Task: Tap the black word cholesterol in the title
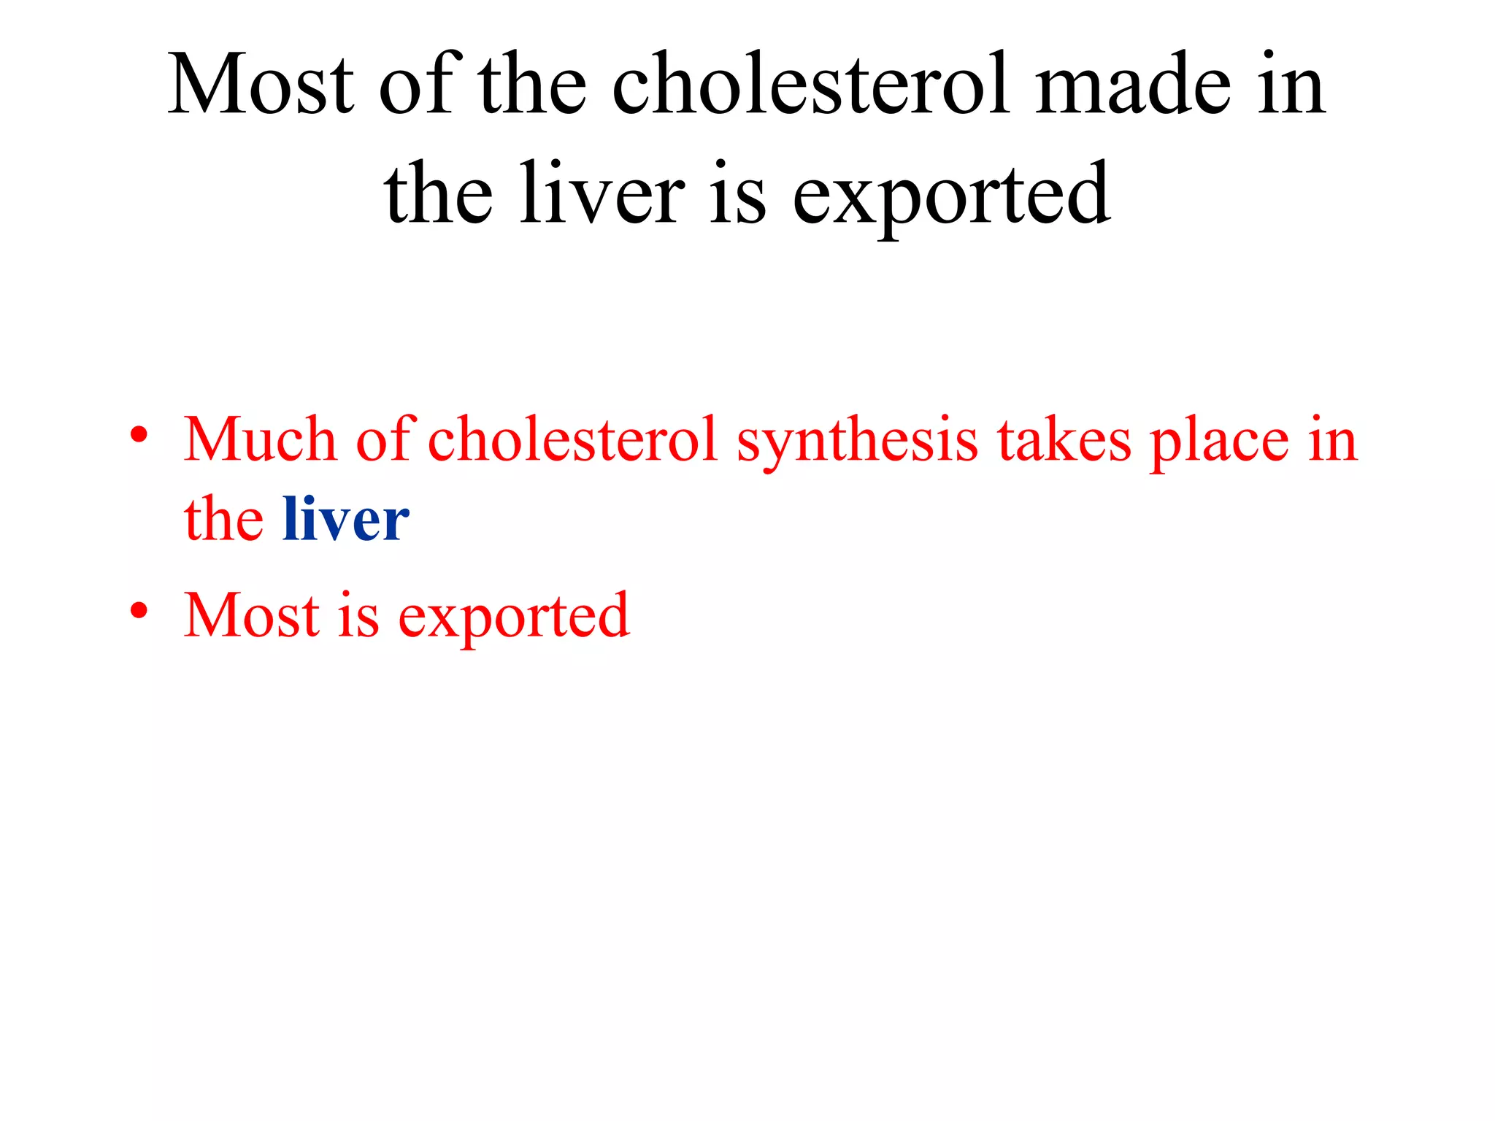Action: (810, 84)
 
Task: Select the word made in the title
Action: (1132, 84)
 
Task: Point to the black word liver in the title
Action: (602, 193)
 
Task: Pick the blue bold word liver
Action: (346, 519)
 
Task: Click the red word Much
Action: (259, 439)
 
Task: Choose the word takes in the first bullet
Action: (1064, 439)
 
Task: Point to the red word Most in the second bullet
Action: (252, 615)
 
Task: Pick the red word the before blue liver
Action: (223, 519)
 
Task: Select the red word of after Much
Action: (385, 439)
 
